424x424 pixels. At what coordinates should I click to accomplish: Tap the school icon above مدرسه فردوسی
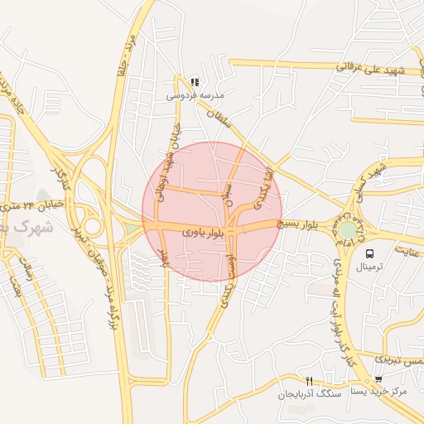pyautogui.click(x=195, y=82)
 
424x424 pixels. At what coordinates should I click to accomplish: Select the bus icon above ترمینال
pyautogui.click(x=369, y=253)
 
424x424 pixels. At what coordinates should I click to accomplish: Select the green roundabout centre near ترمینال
pyautogui.click(x=348, y=228)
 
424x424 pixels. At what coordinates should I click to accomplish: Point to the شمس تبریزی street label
pyautogui.click(x=398, y=359)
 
